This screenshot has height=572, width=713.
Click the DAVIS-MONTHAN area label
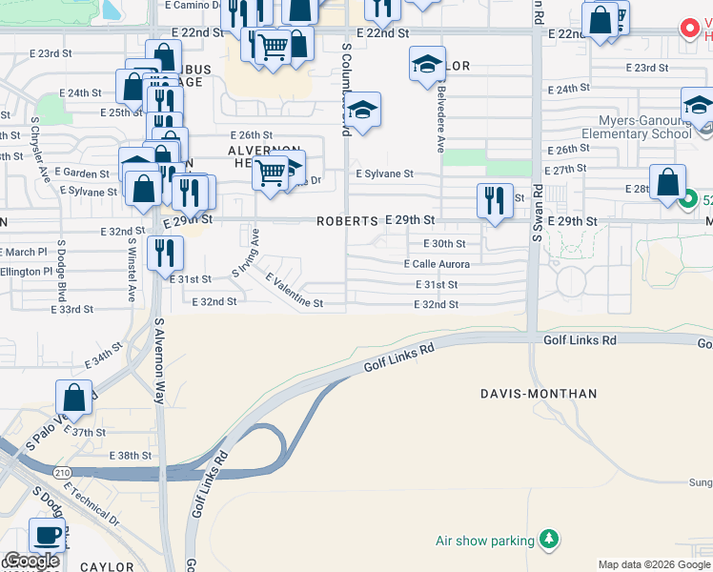pyautogui.click(x=539, y=394)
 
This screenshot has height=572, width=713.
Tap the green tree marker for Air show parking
pyautogui.click(x=548, y=541)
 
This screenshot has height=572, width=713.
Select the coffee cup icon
pyautogui.click(x=47, y=534)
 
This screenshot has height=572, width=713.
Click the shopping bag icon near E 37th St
pyautogui.click(x=73, y=398)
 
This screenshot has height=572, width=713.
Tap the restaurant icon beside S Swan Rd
pyautogui.click(x=494, y=200)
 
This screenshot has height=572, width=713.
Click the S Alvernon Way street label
pyautogui.click(x=159, y=361)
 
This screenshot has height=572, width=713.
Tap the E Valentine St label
pyautogui.click(x=295, y=291)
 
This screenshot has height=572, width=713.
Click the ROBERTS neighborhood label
pyautogui.click(x=348, y=221)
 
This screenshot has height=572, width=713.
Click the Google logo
pyautogui.click(x=32, y=560)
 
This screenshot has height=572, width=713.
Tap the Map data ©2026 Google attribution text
pyautogui.click(x=653, y=564)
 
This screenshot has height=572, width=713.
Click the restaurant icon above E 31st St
pyautogui.click(x=166, y=254)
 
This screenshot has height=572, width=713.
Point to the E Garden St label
pyautogui.click(x=82, y=174)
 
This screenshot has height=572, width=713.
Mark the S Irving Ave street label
pyautogui.click(x=247, y=254)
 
